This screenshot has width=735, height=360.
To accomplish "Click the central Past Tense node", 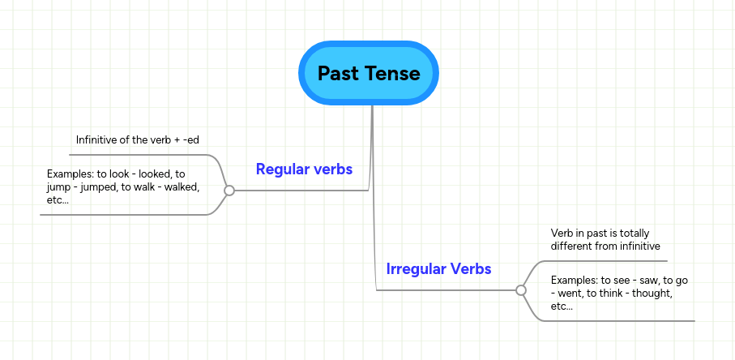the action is tap(369, 73).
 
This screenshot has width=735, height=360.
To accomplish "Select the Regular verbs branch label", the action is tap(304, 169).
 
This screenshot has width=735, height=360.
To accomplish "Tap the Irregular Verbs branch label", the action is tap(438, 269).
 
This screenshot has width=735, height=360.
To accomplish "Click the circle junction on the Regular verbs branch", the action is tap(229, 191).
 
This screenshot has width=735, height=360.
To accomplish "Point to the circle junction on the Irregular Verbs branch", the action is tap(521, 290).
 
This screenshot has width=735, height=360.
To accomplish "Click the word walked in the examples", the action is tap(184, 187).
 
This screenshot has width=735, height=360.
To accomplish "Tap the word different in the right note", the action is tap(570, 246).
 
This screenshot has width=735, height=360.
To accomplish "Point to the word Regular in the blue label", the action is tap(280, 169).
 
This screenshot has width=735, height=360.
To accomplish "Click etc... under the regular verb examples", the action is tap(58, 200).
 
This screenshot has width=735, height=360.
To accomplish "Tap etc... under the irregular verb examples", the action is tap(562, 307).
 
